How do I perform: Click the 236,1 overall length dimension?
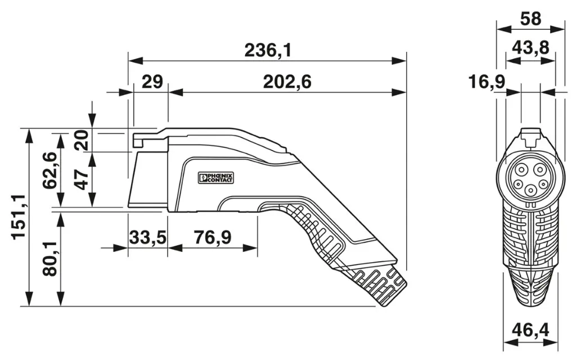pos(267,51)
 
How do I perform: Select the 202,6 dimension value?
pos(287,83)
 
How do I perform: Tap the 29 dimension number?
pos(151,83)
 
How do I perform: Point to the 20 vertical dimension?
pos(82,139)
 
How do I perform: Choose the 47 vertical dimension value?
pos(82,180)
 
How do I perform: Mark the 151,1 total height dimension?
pos(18,217)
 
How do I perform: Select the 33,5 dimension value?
pos(147,237)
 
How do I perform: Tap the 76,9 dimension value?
pos(212,237)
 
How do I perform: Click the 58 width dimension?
pos(530,19)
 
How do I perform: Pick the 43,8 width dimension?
pos(530,48)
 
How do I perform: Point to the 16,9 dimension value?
pos(487,83)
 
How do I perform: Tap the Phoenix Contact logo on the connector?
pos(215,178)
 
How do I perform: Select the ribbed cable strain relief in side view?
pos(380,284)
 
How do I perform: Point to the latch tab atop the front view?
pos(530,134)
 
